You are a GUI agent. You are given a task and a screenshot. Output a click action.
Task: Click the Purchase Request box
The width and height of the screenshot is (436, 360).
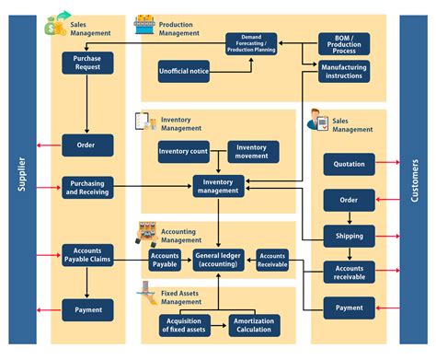coord(87,64)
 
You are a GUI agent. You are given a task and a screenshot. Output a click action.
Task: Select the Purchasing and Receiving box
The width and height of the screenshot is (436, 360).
coord(87,187)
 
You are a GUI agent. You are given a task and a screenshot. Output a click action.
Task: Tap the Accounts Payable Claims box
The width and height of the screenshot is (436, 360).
coord(87,253)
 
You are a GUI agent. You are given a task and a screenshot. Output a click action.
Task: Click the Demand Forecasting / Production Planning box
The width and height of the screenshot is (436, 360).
coord(251,43)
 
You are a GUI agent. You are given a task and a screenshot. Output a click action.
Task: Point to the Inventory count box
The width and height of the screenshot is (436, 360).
coord(184,151)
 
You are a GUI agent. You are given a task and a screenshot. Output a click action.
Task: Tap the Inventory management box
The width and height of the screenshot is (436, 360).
coord(219,187)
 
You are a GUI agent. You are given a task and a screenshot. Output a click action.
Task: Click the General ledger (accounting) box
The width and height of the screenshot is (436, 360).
coord(219,261)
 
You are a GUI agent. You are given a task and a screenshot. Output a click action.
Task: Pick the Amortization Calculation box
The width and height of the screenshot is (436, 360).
coord(253,324)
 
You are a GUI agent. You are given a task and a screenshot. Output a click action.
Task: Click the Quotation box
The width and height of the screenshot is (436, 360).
coord(349,165)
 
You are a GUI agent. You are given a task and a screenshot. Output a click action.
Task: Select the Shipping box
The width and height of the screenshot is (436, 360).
coord(349,235)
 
